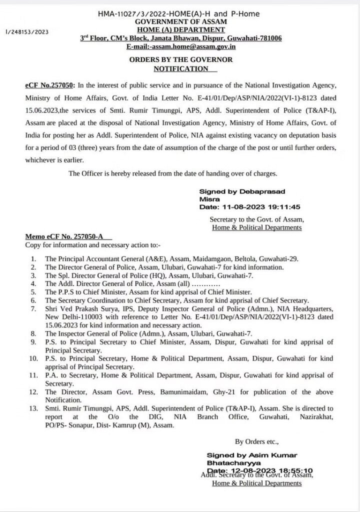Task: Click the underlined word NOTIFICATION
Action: [x=180, y=68]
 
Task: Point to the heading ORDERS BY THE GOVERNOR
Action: [x=180, y=59]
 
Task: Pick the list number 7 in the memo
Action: [x=33, y=309]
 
